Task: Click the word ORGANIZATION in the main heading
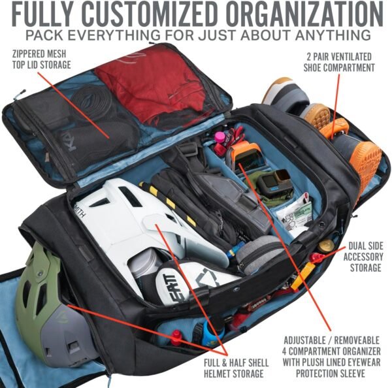(304, 14)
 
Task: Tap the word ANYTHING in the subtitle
(333, 35)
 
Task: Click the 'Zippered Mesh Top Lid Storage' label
(42, 59)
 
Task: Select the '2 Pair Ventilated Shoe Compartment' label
(339, 62)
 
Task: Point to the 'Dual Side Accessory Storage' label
(363, 257)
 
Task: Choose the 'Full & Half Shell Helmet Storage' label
(236, 368)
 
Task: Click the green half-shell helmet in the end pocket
(48, 300)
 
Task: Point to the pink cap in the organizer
(220, 137)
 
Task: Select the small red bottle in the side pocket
(176, 337)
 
